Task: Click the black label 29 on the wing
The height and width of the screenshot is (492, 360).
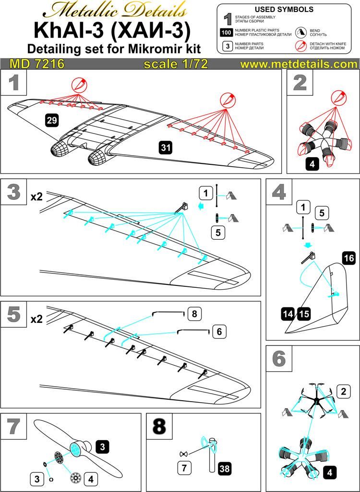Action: click(52, 121)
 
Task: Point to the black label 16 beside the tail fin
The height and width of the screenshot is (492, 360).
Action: click(349, 258)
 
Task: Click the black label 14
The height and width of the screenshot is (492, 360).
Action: click(288, 314)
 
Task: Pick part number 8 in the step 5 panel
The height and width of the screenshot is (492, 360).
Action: click(194, 314)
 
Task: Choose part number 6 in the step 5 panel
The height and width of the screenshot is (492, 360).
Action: click(219, 331)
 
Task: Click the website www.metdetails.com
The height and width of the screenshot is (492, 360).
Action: click(299, 64)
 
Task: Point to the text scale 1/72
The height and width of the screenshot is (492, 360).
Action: click(176, 64)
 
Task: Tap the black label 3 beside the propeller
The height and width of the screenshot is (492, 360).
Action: click(101, 446)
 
